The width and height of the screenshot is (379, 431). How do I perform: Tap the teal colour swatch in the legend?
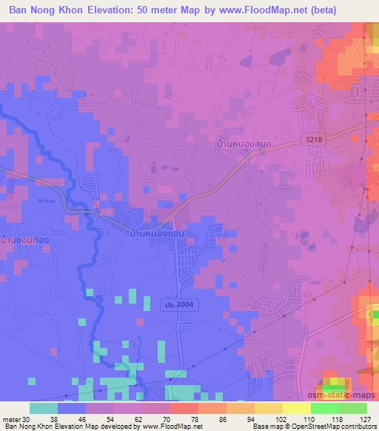(x=44, y=407)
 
